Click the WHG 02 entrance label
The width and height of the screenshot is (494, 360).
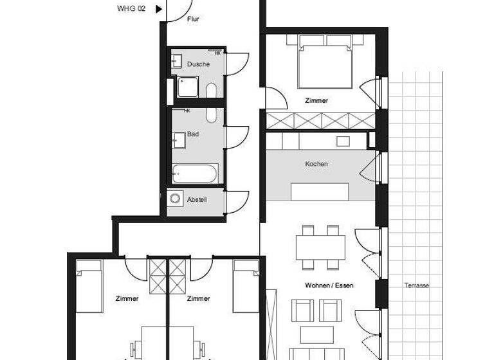point(131,9)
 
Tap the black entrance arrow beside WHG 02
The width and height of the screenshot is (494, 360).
point(158,9)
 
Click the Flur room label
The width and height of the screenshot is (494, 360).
point(193,20)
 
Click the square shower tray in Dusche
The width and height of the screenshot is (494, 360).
point(188,86)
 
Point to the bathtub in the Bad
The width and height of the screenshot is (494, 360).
point(195,174)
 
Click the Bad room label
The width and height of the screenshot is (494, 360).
point(193,134)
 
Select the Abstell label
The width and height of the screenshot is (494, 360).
point(197,200)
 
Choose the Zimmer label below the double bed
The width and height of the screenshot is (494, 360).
point(316,101)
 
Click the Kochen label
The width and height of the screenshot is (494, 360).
point(316,164)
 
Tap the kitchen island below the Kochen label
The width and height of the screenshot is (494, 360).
point(320,192)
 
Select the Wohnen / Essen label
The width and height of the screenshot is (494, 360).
point(329,285)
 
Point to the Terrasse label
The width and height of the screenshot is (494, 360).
point(417,285)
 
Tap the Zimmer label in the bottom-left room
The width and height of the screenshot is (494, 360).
point(127,298)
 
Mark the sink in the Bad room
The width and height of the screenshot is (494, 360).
point(178,138)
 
